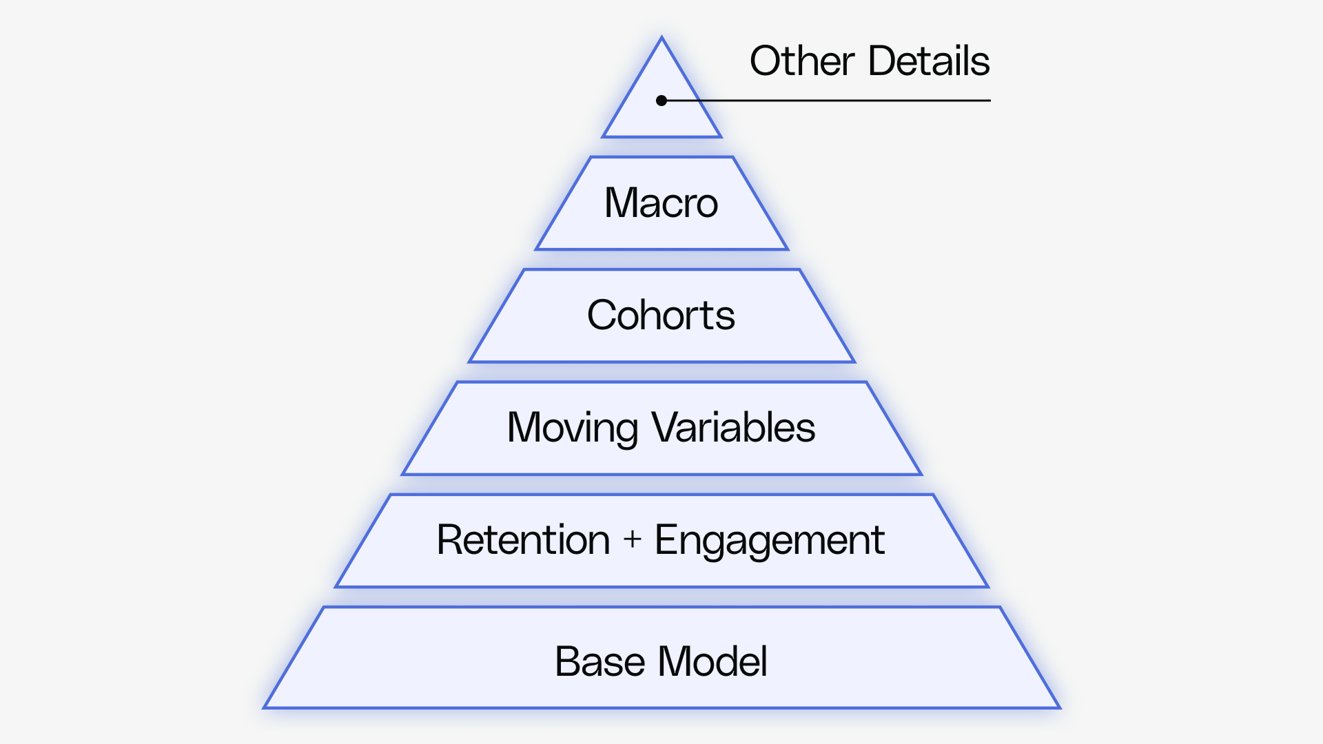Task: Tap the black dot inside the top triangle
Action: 661,101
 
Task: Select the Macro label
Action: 661,203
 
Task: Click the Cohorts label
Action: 661,316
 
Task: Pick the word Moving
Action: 572,428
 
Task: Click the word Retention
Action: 523,539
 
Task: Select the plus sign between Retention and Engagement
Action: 633,539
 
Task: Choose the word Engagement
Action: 769,541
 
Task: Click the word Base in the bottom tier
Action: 599,662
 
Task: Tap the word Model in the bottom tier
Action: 712,662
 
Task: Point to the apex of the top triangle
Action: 661,38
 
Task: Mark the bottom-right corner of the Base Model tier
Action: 1058,707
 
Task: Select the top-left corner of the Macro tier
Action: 591,158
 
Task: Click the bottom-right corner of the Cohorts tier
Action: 854,361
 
